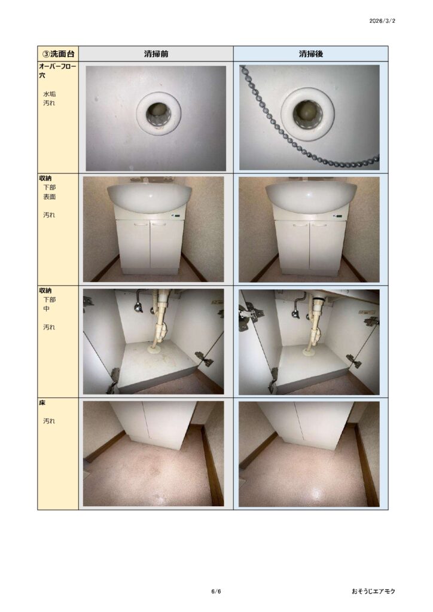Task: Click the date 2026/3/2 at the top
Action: coord(382,21)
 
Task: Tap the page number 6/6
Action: coord(216,591)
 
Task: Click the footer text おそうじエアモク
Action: coord(373,591)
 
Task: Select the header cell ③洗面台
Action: coord(58,54)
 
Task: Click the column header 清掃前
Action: coord(155,54)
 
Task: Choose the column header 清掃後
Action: coord(311,54)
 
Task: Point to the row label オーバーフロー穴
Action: coord(57,71)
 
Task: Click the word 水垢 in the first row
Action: coord(49,94)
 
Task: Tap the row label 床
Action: coord(42,403)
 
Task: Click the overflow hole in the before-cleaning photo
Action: coord(158,114)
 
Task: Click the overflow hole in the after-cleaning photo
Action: coord(307,111)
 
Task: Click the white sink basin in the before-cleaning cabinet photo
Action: coord(150,197)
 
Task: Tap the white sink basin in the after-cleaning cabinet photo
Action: coord(311,197)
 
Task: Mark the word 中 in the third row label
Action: coord(47,309)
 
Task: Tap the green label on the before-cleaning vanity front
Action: coord(179,215)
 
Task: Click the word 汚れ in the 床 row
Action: coord(49,421)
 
